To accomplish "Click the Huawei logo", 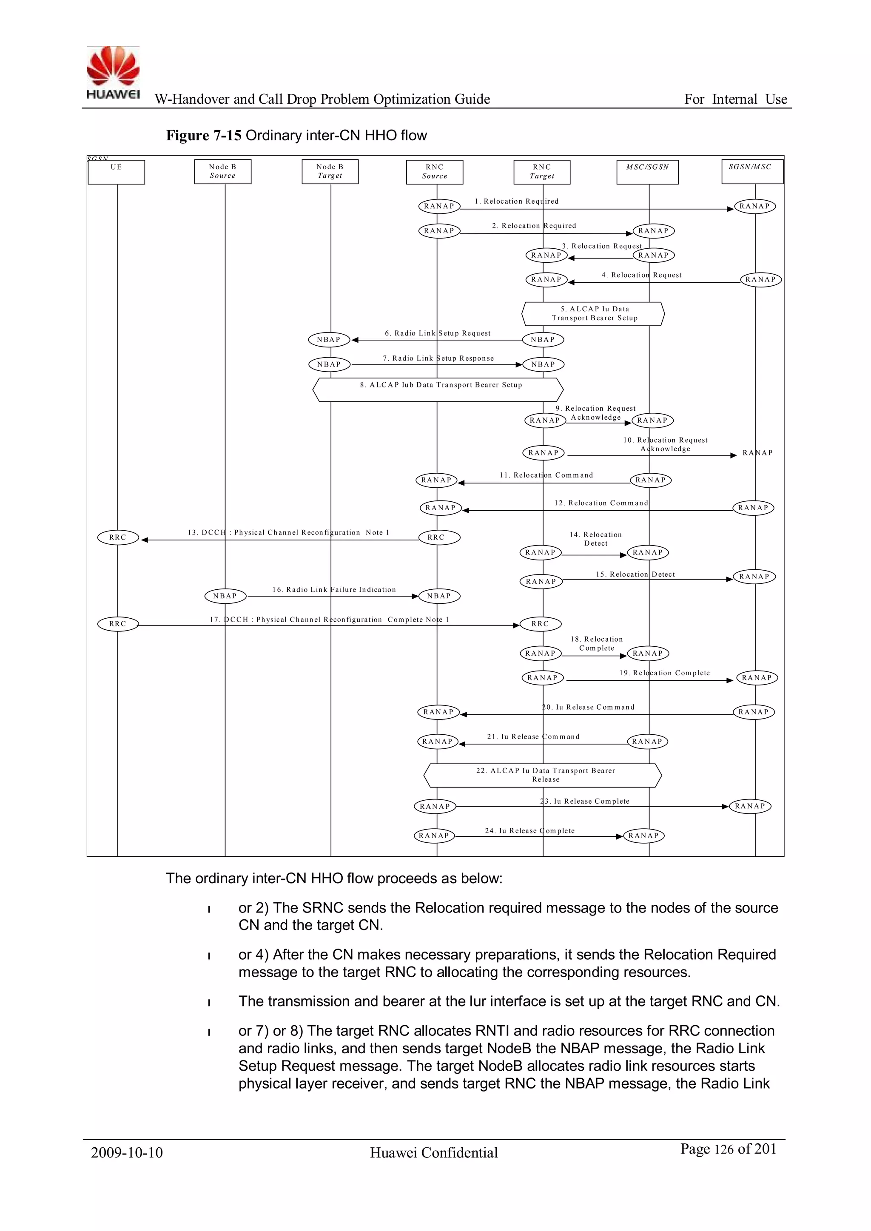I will tap(113, 72).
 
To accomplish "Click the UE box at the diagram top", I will tap(117, 171).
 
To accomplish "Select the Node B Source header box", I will tap(222, 171).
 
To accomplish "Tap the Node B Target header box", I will tap(330, 171).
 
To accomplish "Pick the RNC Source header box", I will tap(434, 171).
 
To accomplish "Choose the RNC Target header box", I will tap(542, 171).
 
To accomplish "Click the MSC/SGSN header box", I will tap(647, 171).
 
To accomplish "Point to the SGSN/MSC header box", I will tap(752, 171).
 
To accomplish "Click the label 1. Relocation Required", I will tap(516, 201).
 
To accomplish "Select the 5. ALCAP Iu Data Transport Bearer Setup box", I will tap(594, 314).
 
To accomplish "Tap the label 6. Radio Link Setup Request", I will tap(437, 333).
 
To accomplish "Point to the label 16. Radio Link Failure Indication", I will tap(333, 589).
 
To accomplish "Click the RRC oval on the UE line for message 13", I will tap(118, 537).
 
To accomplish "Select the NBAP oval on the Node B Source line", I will tap(225, 596).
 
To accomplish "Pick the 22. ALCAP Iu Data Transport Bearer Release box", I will tap(543, 775).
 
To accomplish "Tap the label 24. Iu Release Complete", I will tap(529, 830).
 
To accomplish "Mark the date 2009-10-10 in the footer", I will tap(127, 1153).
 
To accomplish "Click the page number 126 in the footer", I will tap(723, 1149).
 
